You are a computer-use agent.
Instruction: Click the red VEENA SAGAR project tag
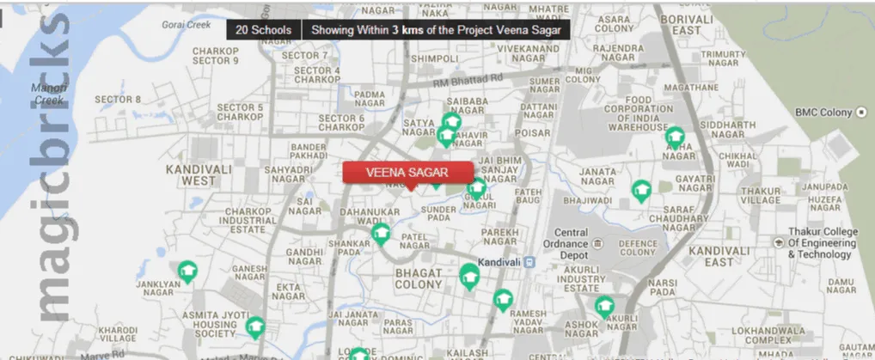[407, 172]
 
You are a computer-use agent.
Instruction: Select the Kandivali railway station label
[494, 260]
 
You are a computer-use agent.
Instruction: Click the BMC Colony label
[823, 113]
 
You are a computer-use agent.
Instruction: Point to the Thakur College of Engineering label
[823, 243]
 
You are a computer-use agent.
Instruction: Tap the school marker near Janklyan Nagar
[187, 272]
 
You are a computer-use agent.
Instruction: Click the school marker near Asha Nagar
[675, 137]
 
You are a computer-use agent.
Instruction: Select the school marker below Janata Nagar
[641, 190]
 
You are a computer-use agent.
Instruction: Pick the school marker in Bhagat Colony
[468, 275]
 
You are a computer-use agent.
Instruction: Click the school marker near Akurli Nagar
[605, 305]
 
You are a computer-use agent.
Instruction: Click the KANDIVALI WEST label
[199, 175]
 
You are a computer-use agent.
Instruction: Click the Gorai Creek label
[187, 25]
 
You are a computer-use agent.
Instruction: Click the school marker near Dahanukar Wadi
[380, 233]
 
